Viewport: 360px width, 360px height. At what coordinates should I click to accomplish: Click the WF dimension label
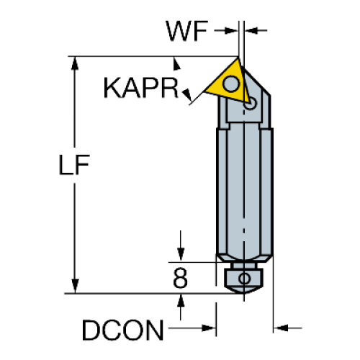(x=186, y=31)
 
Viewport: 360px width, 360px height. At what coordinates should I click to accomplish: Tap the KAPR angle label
(x=141, y=88)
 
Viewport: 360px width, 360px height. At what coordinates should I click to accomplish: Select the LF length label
(x=74, y=164)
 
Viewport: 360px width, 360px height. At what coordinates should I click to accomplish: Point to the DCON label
(x=122, y=330)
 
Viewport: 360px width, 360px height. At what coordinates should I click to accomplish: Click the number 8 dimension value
(x=180, y=278)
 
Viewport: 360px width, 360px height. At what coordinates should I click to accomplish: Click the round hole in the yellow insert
(x=231, y=84)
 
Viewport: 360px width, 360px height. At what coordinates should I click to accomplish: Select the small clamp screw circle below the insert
(x=250, y=104)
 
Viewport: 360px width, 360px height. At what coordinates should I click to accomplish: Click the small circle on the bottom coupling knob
(x=244, y=279)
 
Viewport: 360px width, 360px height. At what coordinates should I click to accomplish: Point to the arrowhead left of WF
(x=230, y=30)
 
